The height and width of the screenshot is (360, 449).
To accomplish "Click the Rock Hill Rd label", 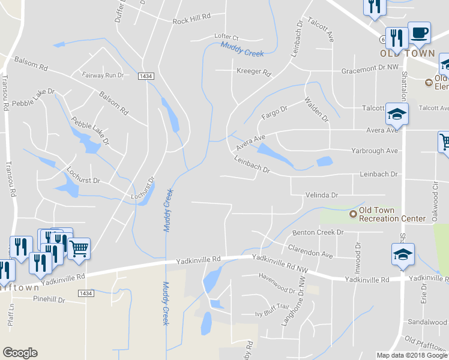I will pos(191,20).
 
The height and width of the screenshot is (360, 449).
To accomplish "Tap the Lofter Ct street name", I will pos(227,37).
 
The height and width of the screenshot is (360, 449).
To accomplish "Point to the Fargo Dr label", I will pos(275,112).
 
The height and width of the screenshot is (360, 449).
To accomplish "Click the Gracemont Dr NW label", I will pos(370,70).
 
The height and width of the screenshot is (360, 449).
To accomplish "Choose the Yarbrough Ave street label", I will pos(375,151).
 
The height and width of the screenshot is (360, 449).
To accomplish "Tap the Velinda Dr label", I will pos(322,195).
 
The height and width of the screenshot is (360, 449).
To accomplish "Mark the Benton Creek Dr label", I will pos(317,232).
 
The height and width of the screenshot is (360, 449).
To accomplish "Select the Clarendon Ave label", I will pos(310,251).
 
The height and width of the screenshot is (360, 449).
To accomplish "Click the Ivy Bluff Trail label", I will pos(272,307).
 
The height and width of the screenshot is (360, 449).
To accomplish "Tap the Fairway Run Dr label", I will pos(103,76).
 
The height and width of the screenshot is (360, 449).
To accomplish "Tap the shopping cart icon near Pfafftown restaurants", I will pos(79,247).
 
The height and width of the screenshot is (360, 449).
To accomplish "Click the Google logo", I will pos(20,353).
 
